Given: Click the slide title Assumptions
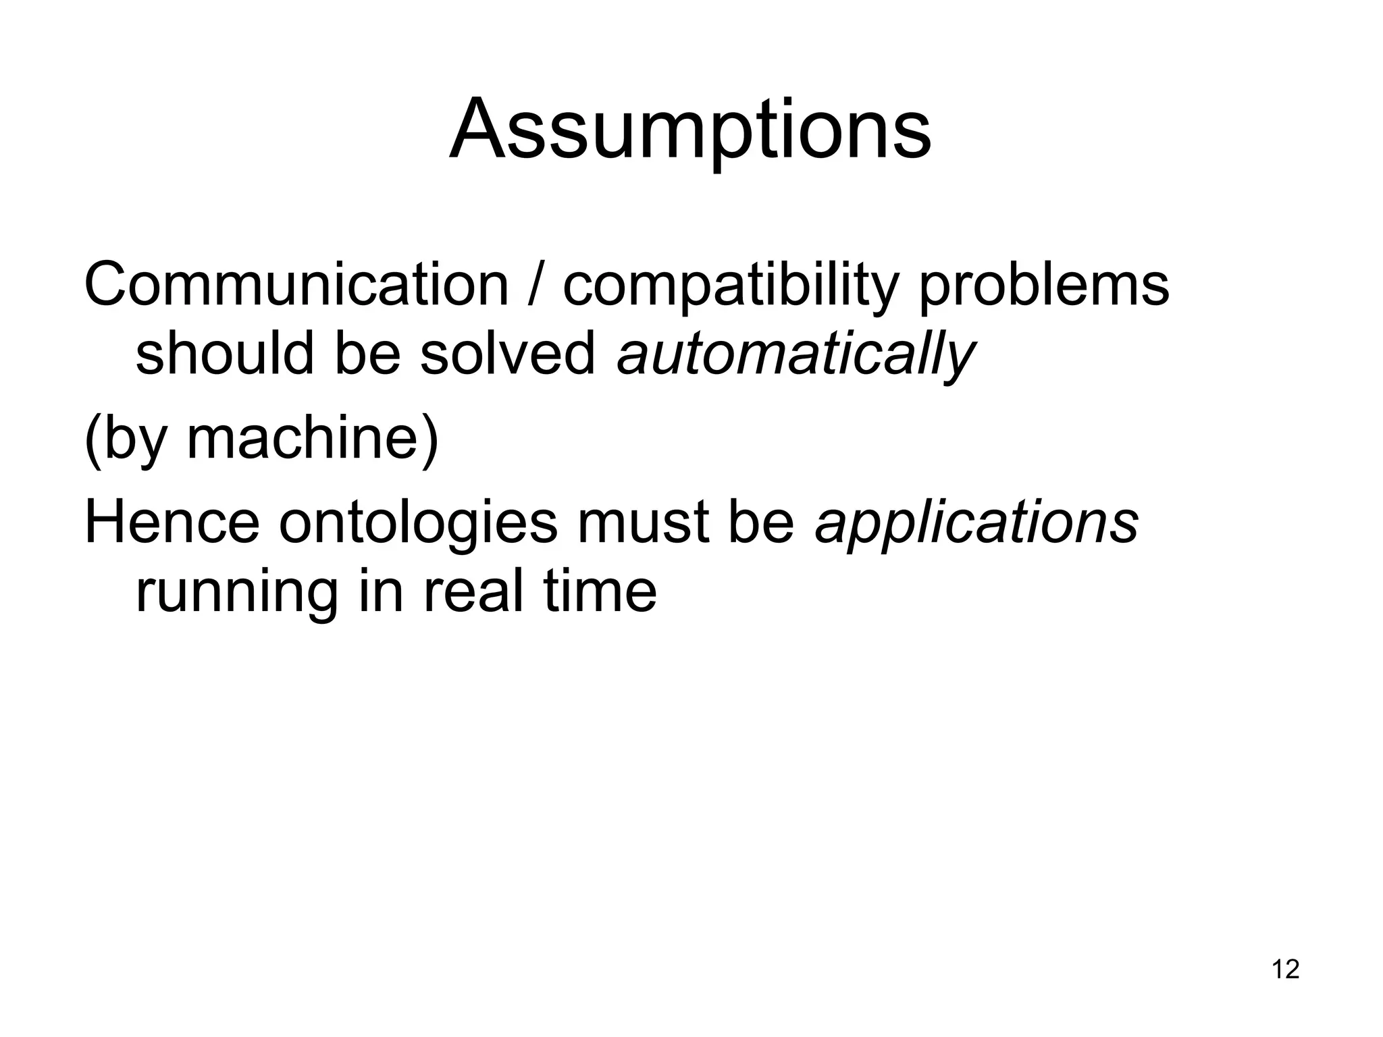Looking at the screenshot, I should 690,130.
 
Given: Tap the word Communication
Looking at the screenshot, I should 296,285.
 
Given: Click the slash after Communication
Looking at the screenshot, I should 536,285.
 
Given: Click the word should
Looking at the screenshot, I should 225,353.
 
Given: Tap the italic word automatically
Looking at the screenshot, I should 795,354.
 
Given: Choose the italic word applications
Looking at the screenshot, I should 976,523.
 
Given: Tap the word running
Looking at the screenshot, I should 236,592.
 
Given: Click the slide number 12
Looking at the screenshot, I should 1285,969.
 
